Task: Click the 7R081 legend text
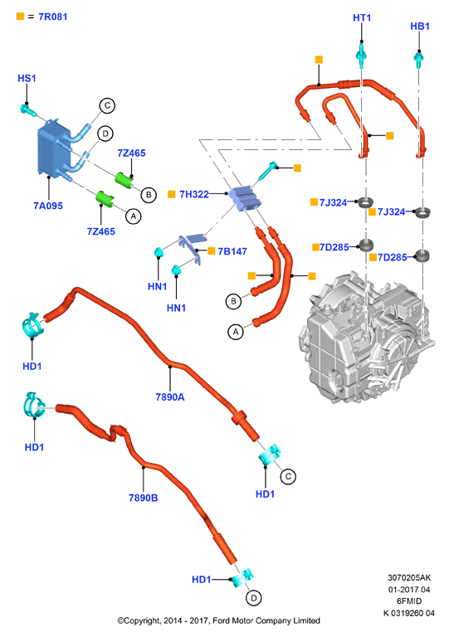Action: click(53, 17)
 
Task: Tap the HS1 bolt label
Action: click(27, 78)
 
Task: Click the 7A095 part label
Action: click(48, 206)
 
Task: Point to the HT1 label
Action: click(362, 17)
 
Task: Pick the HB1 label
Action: click(420, 26)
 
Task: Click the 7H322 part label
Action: click(194, 194)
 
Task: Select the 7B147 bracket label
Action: click(232, 251)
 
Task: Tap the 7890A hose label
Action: click(170, 397)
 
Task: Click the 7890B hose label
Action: click(143, 498)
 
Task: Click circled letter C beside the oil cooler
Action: click(107, 105)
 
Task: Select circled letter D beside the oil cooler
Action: click(105, 134)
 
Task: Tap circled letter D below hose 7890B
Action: click(254, 598)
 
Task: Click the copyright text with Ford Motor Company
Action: click(218, 620)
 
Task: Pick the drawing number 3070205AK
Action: click(409, 577)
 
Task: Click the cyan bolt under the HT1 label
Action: click(360, 53)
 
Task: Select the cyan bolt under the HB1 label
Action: click(418, 59)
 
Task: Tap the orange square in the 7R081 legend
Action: click(20, 17)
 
